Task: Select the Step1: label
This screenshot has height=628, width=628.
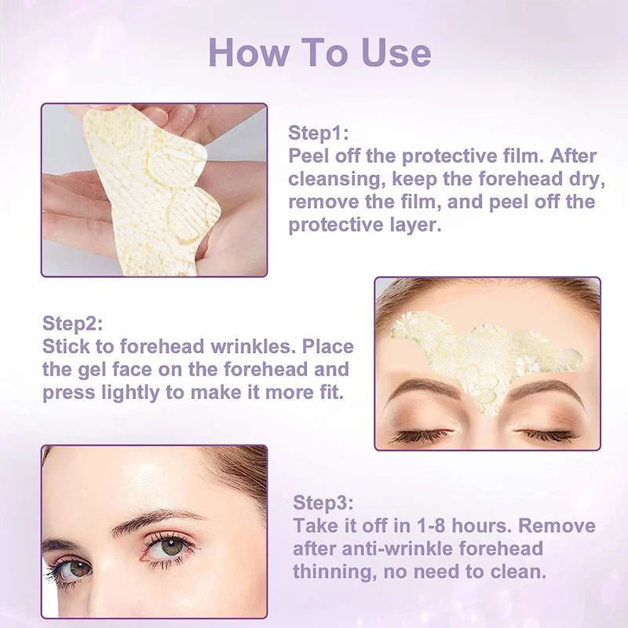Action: pos(318,132)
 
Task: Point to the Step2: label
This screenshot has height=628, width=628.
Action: pos(72,323)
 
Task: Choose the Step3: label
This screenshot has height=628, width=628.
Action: pos(323,502)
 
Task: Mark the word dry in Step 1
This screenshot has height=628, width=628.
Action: pos(589,178)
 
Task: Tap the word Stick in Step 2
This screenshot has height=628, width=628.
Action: pos(64,346)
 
